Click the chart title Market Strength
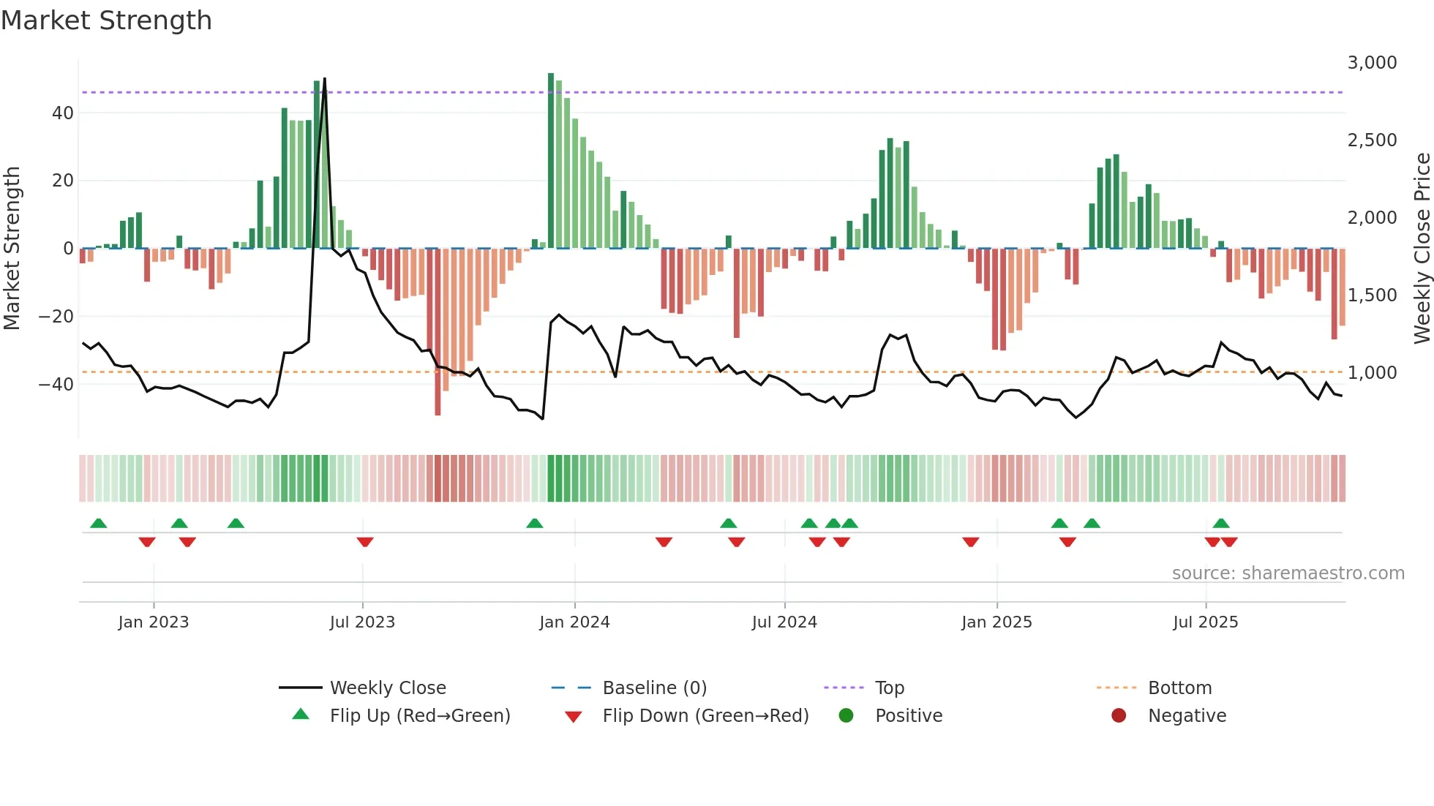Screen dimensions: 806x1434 [x=106, y=20]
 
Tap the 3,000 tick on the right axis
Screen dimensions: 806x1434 [x=1372, y=63]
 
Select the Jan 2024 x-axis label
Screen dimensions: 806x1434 [x=574, y=622]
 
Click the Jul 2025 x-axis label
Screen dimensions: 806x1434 [x=1205, y=622]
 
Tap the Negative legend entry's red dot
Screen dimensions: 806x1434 [x=1119, y=716]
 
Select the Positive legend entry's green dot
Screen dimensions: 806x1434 [x=846, y=716]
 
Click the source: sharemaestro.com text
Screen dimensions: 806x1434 [x=1288, y=573]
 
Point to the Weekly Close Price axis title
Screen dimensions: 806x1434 [x=1422, y=249]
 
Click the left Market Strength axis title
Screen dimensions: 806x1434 [x=12, y=249]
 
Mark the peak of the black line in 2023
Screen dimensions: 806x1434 [x=324, y=79]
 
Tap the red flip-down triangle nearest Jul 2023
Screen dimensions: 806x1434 [x=365, y=542]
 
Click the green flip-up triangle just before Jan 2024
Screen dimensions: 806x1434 [x=535, y=523]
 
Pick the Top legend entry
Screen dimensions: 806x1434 [x=889, y=688]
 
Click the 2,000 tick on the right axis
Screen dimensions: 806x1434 [x=1372, y=218]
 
